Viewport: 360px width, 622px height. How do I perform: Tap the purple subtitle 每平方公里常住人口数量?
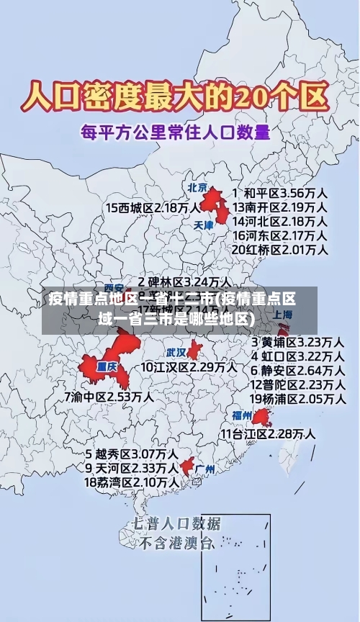(x=176, y=132)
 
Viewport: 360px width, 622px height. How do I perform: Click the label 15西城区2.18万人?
(x=153, y=207)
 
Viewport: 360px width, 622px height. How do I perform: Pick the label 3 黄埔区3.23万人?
(x=297, y=342)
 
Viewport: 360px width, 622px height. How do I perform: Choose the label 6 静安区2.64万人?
(x=297, y=370)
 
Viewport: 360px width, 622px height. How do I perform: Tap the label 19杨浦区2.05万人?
(x=297, y=398)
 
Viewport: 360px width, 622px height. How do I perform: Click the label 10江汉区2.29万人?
(x=189, y=367)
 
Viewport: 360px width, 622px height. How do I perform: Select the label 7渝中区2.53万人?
(x=109, y=396)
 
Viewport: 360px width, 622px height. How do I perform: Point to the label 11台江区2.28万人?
(x=267, y=434)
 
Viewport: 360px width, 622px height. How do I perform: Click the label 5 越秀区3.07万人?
(x=132, y=454)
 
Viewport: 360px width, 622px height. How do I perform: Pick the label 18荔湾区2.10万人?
(x=132, y=482)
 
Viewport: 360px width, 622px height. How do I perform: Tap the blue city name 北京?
(x=197, y=187)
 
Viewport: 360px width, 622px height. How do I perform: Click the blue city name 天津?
(x=204, y=225)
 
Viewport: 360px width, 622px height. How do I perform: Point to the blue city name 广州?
(x=205, y=469)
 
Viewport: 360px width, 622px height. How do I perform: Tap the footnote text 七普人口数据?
(x=176, y=523)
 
